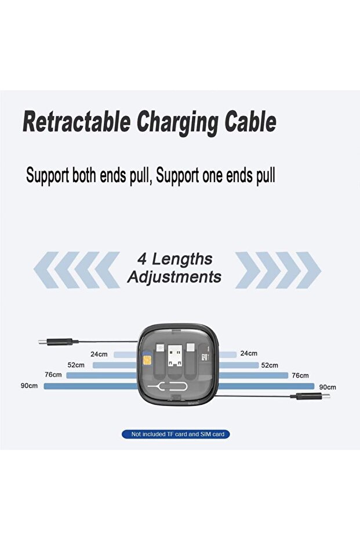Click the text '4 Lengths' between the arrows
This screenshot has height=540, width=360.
click(174, 259)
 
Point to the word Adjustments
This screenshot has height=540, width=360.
click(174, 277)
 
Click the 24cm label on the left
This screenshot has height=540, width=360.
click(99, 354)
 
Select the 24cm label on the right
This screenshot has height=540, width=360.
click(249, 353)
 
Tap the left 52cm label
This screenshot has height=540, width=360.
click(76, 365)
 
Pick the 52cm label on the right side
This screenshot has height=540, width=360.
click(270, 365)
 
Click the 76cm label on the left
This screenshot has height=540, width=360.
click(53, 375)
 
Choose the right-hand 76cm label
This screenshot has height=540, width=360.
click(300, 375)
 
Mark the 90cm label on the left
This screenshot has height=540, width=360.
click(29, 386)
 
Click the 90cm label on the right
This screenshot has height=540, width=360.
click(328, 386)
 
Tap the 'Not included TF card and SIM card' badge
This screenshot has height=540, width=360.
click(176, 434)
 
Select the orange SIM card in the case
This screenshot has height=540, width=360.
click(146, 354)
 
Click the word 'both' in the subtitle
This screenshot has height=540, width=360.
click(88, 176)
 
